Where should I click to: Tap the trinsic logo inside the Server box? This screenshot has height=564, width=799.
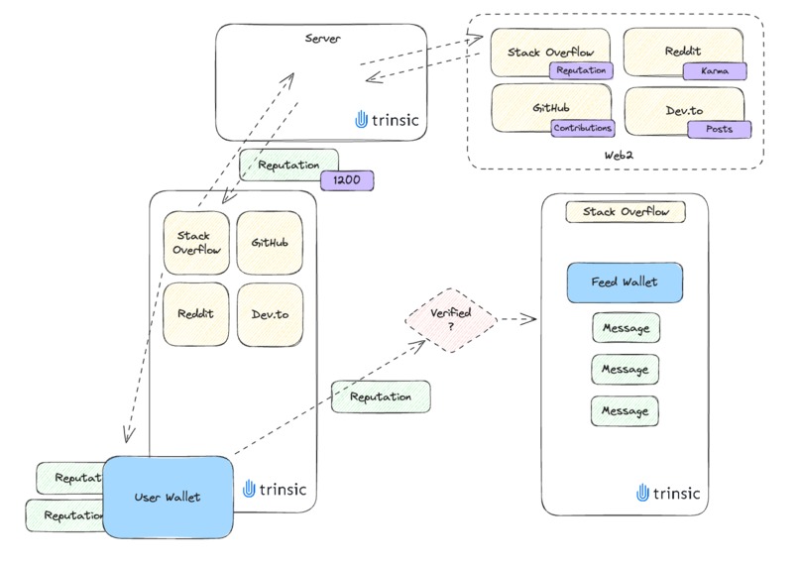tap(386, 119)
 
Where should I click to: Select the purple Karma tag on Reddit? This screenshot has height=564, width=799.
tap(714, 71)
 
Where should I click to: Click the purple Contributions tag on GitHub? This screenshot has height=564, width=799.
tap(582, 128)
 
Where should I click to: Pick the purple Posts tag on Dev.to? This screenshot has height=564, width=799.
tap(719, 129)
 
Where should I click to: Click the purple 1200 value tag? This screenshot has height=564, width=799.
tap(346, 180)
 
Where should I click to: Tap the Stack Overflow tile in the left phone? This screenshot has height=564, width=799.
tap(196, 243)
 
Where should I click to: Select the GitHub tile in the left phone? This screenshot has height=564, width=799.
tap(270, 243)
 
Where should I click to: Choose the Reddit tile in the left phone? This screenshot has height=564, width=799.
tap(196, 314)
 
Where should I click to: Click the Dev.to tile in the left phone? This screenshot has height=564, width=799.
tap(270, 314)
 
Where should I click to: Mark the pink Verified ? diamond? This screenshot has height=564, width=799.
tap(452, 320)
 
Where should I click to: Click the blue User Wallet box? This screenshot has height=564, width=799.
tap(168, 497)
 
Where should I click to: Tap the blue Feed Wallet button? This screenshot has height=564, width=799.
tap(625, 282)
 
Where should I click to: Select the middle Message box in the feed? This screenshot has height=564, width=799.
tap(626, 369)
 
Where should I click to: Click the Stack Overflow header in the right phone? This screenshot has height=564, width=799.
tap(626, 212)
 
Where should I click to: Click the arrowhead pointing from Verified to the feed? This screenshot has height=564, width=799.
tap(528, 319)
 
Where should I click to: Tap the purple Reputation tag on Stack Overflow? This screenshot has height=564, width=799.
tap(581, 70)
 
